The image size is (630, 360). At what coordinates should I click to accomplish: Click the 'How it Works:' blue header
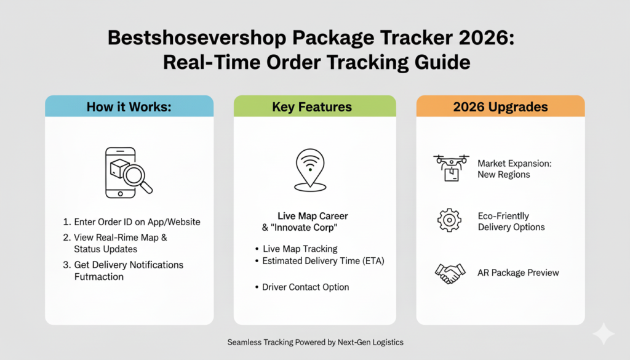[129, 106]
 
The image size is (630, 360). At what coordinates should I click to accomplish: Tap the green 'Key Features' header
[312, 106]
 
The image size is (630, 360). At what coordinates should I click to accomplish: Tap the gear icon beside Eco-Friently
[450, 220]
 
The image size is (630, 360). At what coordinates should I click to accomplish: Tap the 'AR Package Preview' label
[518, 273]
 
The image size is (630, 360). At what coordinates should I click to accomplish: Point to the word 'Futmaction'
[99, 277]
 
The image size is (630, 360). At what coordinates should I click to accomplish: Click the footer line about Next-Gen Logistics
[315, 342]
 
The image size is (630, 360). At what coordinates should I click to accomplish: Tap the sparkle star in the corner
[603, 334]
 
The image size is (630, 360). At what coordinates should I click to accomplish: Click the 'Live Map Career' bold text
[313, 216]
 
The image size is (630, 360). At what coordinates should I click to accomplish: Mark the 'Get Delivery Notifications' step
[128, 265]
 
